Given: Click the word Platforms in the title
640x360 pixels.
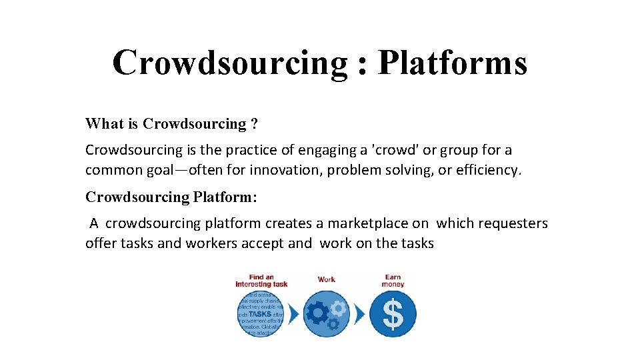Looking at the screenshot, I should point(452,63).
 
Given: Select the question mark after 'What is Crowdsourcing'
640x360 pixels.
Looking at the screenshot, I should point(254,124).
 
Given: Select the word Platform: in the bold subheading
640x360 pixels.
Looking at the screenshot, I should point(225,197).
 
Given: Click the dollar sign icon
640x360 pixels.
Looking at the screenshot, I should point(393,314).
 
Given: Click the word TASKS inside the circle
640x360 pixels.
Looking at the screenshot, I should point(260,313).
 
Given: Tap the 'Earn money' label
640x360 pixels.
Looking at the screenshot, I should point(393,281).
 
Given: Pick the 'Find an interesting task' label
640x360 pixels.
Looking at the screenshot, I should point(261,281).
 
